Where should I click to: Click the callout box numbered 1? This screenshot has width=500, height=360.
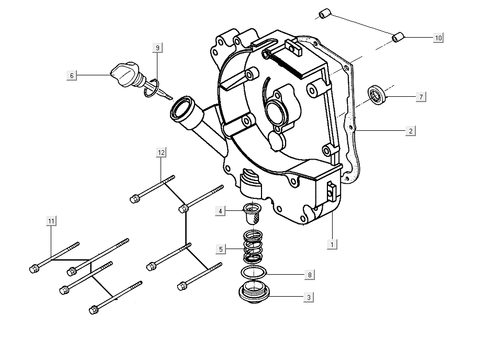[x=332, y=244]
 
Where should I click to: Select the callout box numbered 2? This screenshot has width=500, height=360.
[x=411, y=131]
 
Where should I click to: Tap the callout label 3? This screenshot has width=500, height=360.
[x=309, y=297]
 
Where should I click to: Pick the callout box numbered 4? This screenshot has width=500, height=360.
[x=221, y=211]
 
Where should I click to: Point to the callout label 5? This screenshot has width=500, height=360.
[x=221, y=249]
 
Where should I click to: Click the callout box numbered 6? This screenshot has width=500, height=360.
[x=72, y=75]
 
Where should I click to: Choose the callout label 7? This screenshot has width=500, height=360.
[x=421, y=97]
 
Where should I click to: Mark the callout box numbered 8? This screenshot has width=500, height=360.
[x=309, y=274]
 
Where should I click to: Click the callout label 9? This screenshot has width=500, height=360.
[x=157, y=48]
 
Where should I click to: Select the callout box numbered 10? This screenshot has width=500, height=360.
[x=438, y=38]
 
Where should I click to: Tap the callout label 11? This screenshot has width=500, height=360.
[x=51, y=221]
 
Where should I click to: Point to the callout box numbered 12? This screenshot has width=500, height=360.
[x=161, y=152]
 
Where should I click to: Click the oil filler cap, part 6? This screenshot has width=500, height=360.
[x=124, y=74]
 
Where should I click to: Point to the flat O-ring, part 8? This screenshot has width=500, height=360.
[x=254, y=272]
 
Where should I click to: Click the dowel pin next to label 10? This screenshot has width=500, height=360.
[x=399, y=37]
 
